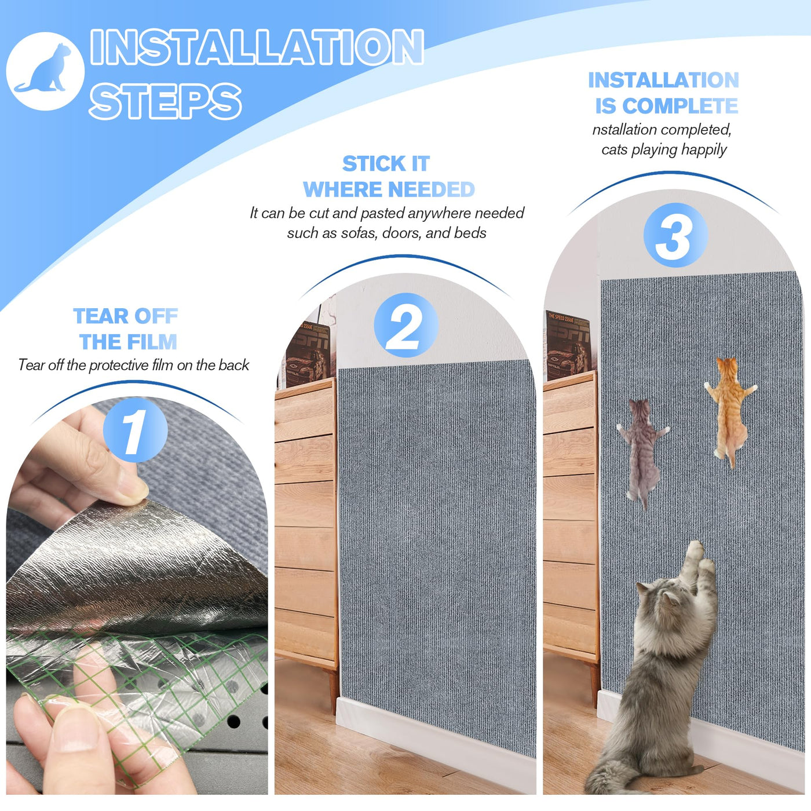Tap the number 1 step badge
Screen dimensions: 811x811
pos(134,430)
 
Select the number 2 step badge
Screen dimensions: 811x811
pos(405,326)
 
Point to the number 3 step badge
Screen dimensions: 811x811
pos(675,235)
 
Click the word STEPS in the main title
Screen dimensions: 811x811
pos(165,101)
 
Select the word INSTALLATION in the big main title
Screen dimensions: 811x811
pos(257,46)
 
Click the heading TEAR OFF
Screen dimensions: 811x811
pos(126,316)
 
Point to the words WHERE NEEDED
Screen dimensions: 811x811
pos(389,189)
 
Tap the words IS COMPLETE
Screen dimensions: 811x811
pos(667,105)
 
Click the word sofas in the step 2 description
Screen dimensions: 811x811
pos(359,233)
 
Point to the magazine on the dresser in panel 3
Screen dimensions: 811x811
pos(569,345)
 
